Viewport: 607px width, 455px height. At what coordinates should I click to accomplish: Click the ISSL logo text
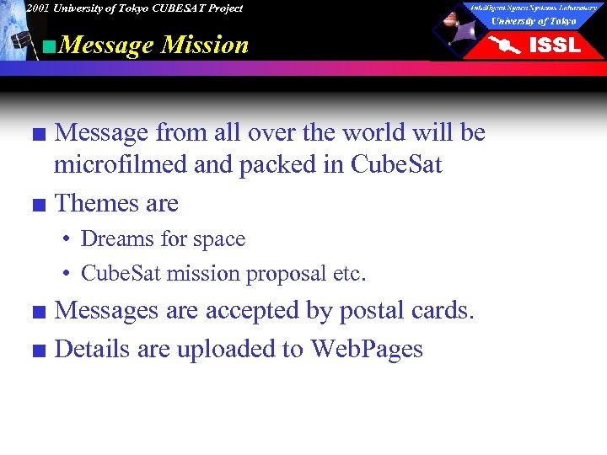pos(554,45)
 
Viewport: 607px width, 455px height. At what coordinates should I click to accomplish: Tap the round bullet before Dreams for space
pos(66,240)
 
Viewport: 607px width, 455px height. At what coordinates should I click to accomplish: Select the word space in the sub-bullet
pos(218,240)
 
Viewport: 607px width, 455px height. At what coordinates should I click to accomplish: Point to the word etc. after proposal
pos(352,274)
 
